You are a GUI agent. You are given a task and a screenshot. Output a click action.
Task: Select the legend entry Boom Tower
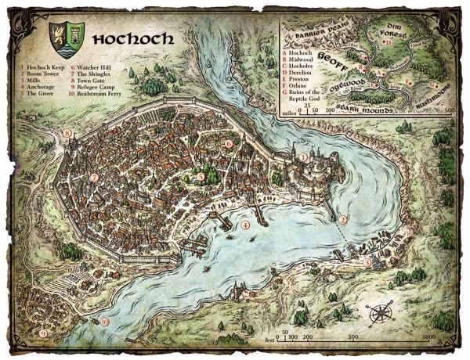(x=39, y=77)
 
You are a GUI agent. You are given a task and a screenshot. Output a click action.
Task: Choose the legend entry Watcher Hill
(x=96, y=69)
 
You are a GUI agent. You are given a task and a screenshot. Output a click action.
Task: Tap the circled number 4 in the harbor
(x=245, y=225)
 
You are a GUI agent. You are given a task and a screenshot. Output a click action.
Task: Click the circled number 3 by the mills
(x=368, y=263)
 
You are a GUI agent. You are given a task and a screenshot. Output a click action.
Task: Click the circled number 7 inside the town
(x=94, y=178)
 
